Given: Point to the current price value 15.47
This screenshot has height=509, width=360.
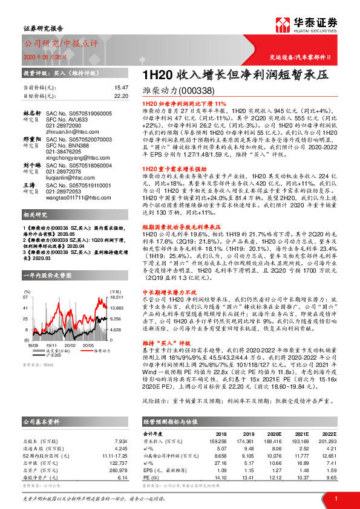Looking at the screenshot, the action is (122, 88).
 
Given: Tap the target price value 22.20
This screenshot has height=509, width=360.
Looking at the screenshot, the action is (122, 96).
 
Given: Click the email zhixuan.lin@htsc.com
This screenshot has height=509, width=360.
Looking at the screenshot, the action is (69, 131).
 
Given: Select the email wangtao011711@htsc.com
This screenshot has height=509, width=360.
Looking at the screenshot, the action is (74, 196).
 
